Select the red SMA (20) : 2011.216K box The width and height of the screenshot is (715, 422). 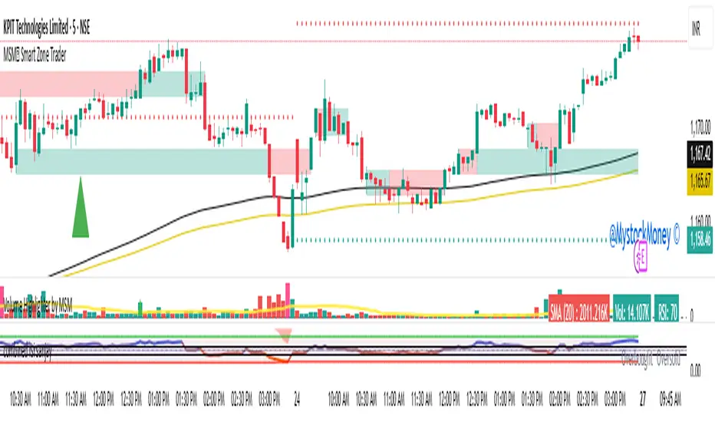[x=579, y=306]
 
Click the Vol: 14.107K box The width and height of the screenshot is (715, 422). [x=632, y=306]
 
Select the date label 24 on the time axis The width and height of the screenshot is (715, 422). [x=296, y=400]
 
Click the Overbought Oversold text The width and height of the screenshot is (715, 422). [x=653, y=356]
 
